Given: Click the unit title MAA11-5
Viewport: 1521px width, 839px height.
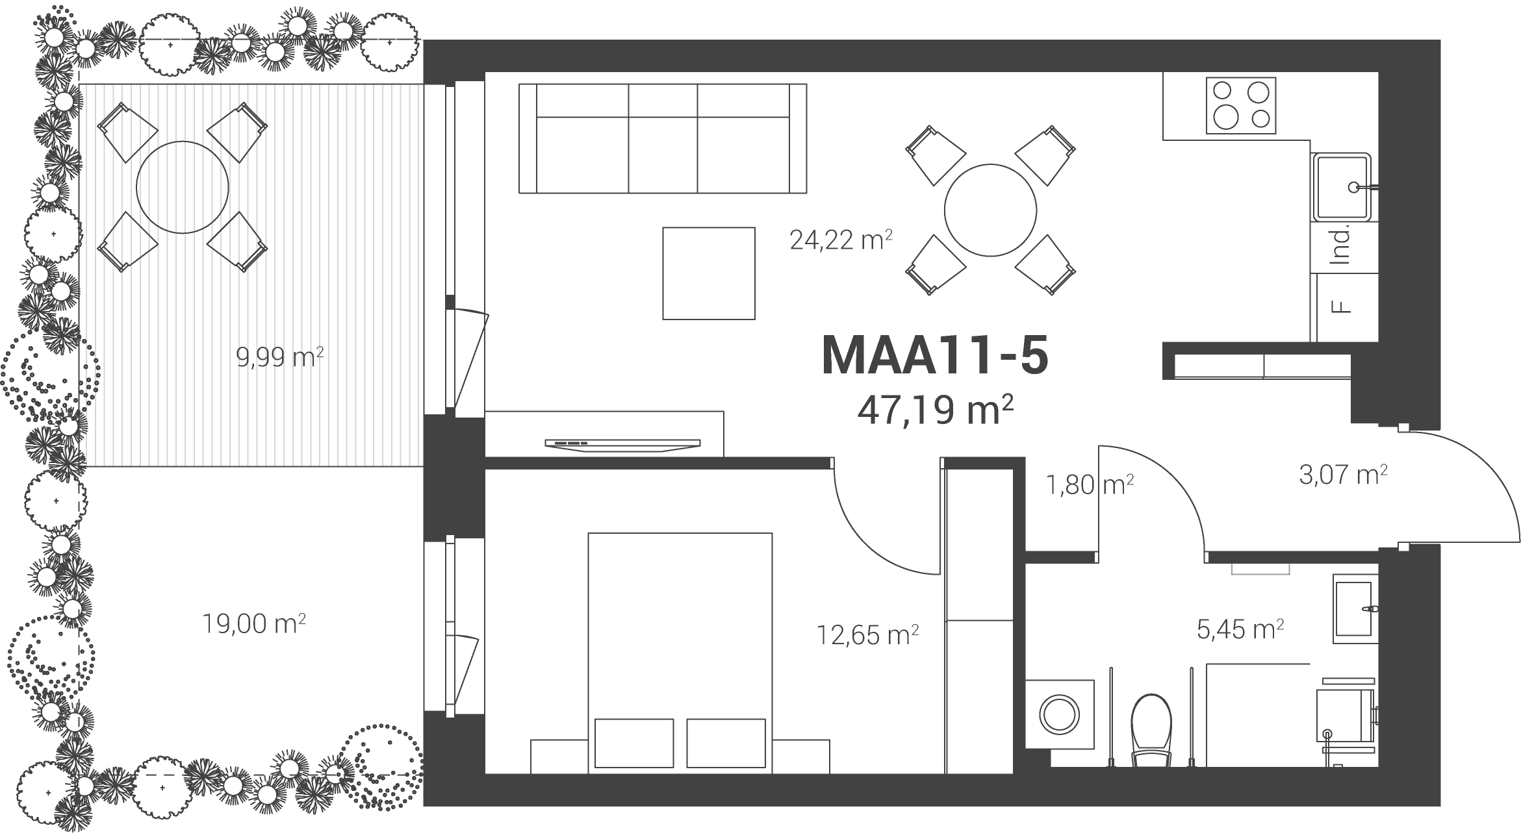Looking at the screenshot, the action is click(x=935, y=356).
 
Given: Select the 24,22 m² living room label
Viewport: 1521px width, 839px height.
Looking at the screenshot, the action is click(x=841, y=240).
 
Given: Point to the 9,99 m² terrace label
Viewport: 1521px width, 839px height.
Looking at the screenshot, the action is click(x=280, y=357).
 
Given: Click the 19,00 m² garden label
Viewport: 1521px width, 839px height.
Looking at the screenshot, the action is click(x=254, y=624).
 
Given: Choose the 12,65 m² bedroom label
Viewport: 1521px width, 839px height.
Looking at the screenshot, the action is click(x=867, y=634).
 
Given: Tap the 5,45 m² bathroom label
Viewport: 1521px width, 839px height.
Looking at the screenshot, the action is click(x=1240, y=629).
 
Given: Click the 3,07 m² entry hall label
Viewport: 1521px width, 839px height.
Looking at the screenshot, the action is click(x=1344, y=475).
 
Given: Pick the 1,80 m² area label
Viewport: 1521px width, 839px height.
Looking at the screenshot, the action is click(x=1090, y=484).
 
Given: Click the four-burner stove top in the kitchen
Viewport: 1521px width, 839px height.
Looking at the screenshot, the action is click(x=1241, y=106).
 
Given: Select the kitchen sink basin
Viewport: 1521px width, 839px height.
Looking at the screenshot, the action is click(x=1342, y=187).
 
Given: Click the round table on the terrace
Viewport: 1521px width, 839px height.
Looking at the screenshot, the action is click(x=183, y=187).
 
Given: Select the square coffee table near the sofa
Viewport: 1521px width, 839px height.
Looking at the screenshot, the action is click(x=709, y=273).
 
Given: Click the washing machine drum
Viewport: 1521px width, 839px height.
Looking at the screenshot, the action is click(x=1060, y=715).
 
